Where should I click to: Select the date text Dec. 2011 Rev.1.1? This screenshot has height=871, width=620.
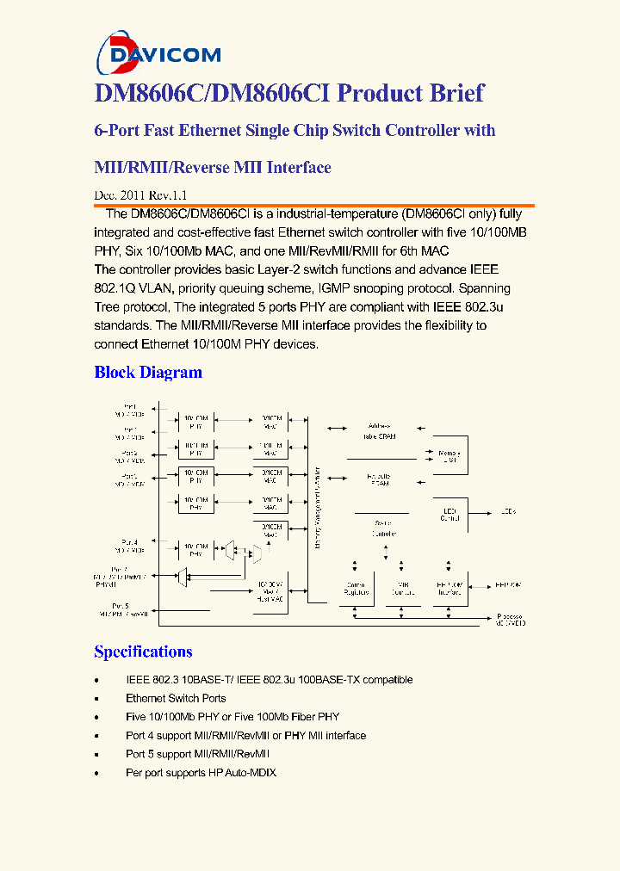click(x=139, y=195)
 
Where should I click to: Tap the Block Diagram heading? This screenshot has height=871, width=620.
click(x=148, y=373)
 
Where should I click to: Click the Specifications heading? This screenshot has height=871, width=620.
click(x=143, y=652)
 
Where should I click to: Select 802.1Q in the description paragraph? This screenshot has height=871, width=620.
click(x=115, y=288)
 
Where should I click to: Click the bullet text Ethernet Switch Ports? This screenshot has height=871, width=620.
click(x=176, y=698)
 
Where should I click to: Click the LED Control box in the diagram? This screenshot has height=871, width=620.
click(x=449, y=514)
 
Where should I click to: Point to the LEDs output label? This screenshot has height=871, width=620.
click(x=508, y=513)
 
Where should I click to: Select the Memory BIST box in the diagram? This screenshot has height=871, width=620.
click(x=449, y=456)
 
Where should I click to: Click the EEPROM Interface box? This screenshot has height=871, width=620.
click(x=448, y=588)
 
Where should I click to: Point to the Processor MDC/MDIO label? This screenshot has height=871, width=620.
click(x=511, y=618)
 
